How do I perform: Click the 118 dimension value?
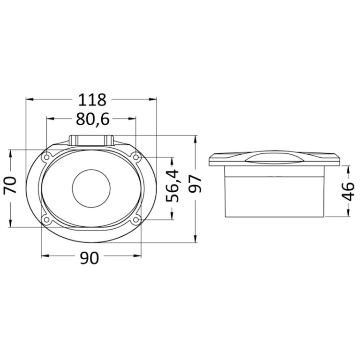coord(92,100)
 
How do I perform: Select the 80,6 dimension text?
coord(92,119)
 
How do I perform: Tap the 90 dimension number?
coord(90,258)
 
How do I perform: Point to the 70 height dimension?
coord(11,185)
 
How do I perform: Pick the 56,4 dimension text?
coord(172,186)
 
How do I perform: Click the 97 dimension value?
coord(195,184)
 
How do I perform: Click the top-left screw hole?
coord(47,157)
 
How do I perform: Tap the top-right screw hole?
coord(136,157)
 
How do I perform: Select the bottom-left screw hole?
coord(47,220)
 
